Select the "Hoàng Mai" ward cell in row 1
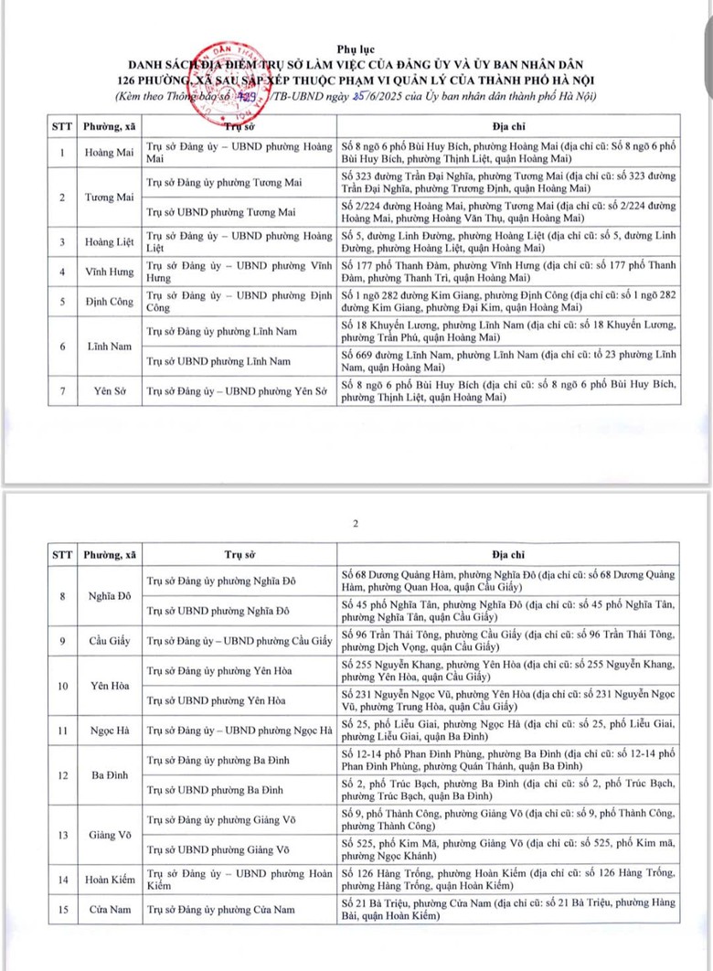(109, 153)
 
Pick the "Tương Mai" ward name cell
(109, 197)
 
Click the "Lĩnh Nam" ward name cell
(109, 346)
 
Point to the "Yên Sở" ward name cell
(109, 391)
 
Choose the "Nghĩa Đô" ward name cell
(109, 596)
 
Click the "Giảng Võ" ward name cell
(109, 834)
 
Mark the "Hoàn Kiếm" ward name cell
(109, 879)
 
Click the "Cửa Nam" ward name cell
(109, 909)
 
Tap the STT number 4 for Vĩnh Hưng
(61, 272)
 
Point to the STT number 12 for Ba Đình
(61, 774)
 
